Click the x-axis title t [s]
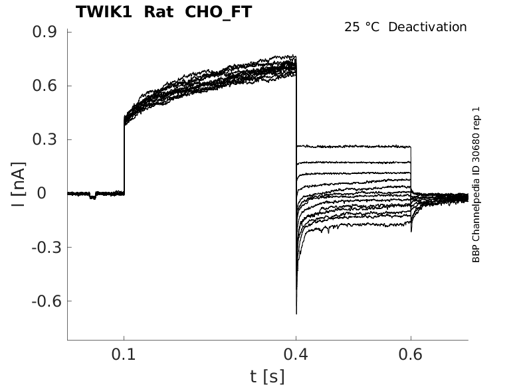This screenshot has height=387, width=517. [x=267, y=376]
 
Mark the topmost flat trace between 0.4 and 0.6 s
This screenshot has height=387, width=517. [x=352, y=146]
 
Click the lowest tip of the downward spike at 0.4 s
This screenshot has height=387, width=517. [x=296, y=313]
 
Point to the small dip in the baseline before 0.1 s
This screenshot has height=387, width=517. [x=92, y=197]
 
